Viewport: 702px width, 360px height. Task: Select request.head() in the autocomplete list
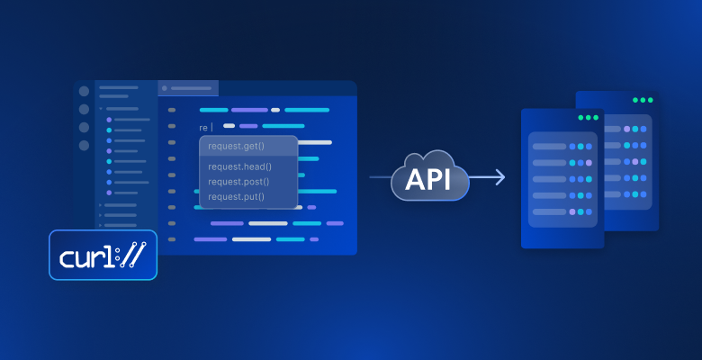pyautogui.click(x=239, y=166)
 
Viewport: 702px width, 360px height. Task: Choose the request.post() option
pyautogui.click(x=239, y=181)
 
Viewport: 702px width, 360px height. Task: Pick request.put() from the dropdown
pyautogui.click(x=237, y=196)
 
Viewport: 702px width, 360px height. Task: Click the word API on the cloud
pyautogui.click(x=430, y=178)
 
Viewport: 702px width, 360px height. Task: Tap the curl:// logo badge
pyautogui.click(x=103, y=255)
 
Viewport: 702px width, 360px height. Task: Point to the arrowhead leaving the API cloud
pyautogui.click(x=499, y=178)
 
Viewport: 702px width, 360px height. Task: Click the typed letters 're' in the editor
pyautogui.click(x=203, y=128)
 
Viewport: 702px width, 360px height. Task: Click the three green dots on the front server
pyautogui.click(x=588, y=118)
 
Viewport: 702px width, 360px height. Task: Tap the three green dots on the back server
pyautogui.click(x=643, y=100)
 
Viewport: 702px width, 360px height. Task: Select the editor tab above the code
pyautogui.click(x=188, y=88)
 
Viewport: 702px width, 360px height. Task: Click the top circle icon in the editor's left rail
pyautogui.click(x=84, y=91)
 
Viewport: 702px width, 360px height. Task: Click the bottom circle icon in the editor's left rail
pyautogui.click(x=84, y=145)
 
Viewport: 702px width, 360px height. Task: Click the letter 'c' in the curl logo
pyautogui.click(x=68, y=257)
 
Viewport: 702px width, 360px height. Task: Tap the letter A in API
pyautogui.click(x=413, y=178)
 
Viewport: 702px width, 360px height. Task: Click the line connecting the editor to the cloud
pyautogui.click(x=380, y=178)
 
